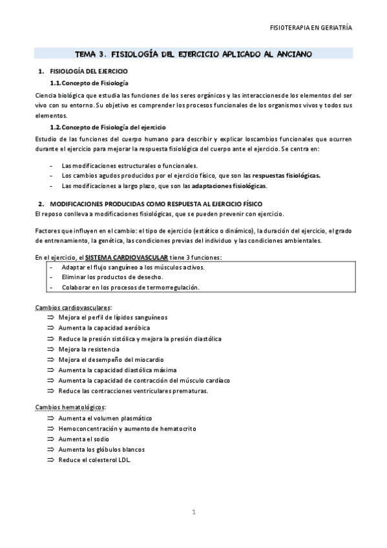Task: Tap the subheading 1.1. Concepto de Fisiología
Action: (89, 84)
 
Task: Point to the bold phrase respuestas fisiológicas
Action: (286, 175)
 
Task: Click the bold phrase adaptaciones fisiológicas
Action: (229, 186)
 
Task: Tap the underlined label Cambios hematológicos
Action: (70, 407)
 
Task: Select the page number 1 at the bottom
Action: (193, 512)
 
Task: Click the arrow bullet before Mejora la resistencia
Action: (51, 349)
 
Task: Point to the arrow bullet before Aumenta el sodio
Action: (51, 439)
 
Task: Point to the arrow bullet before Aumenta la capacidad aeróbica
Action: (51, 328)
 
